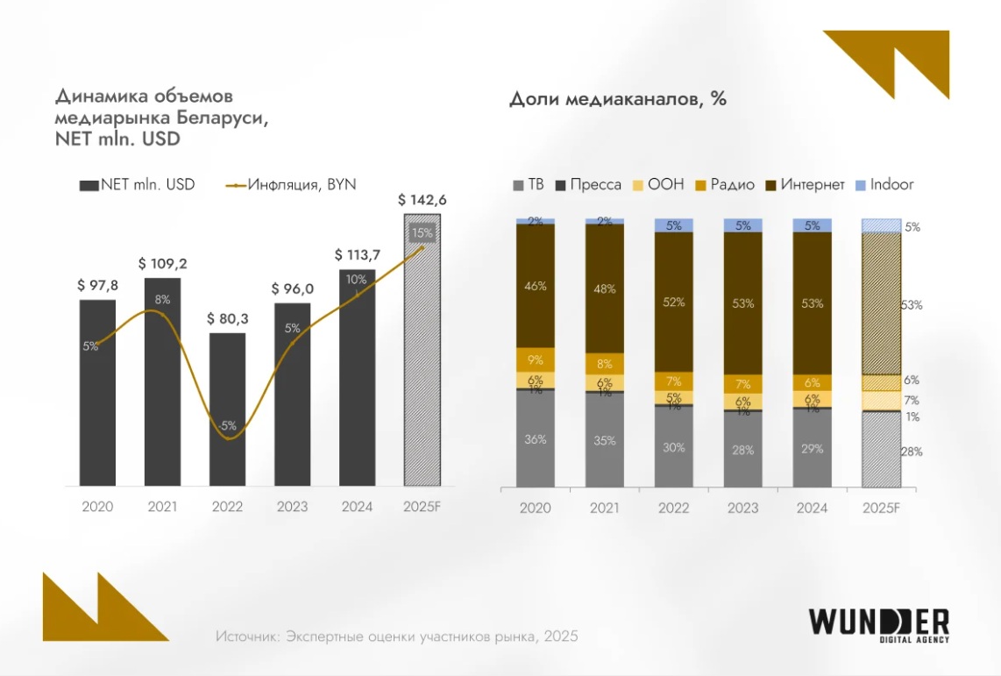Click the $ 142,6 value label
(x=422, y=200)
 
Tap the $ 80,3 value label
(x=227, y=319)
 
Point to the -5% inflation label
(x=228, y=426)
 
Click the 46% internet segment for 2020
(x=536, y=286)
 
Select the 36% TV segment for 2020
(x=536, y=438)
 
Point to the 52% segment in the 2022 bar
(x=674, y=302)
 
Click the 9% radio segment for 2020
(x=536, y=359)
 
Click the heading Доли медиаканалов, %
(x=617, y=99)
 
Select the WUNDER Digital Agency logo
(x=877, y=624)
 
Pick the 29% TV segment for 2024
(x=813, y=448)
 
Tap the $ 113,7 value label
(x=357, y=255)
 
